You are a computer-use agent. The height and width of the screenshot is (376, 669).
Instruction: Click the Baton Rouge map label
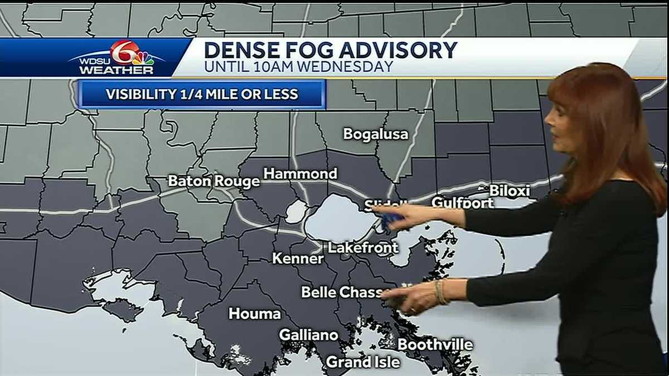point(214,181)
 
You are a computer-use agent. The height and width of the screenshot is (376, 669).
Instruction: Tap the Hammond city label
point(300,174)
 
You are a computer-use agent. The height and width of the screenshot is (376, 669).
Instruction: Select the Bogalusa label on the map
point(375,134)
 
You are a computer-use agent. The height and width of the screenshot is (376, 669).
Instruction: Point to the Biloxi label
point(509,191)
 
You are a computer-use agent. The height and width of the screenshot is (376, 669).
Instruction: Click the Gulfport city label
point(462,203)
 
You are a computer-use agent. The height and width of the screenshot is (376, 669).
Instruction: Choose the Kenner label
point(298,258)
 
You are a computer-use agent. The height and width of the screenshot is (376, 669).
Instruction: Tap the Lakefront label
point(363,248)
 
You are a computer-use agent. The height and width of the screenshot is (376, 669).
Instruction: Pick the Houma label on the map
point(255,314)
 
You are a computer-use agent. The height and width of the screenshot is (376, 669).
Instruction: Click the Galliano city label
point(308,335)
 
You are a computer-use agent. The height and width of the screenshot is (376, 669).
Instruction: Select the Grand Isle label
point(363,362)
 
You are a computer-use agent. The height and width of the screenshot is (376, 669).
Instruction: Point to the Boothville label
point(435,345)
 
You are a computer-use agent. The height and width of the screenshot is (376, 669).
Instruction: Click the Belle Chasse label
point(342,292)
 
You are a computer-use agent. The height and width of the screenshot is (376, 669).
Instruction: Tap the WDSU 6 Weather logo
point(118,58)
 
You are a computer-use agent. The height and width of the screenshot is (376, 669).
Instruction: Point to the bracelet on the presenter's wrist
point(441,291)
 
